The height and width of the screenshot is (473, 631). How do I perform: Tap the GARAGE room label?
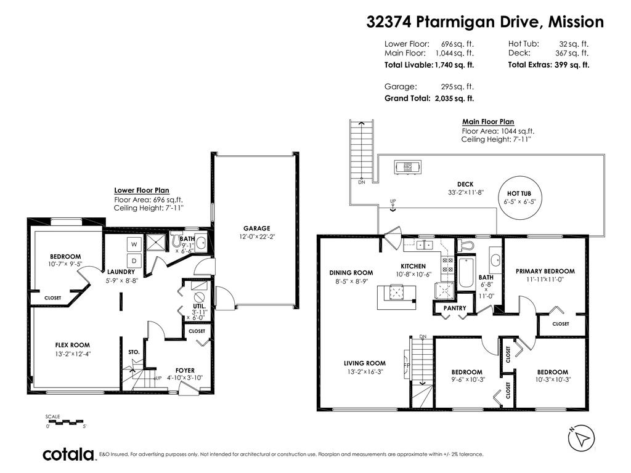click(256, 228)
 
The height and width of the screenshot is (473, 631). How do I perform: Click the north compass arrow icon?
click(580, 439)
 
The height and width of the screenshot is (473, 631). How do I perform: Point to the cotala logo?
click(68, 455)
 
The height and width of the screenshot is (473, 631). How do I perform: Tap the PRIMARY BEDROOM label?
click(545, 271)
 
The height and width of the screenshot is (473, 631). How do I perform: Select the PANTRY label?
click(455, 308)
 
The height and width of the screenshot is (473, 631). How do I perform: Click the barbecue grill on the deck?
click(407, 166)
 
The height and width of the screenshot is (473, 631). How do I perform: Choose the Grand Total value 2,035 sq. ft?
click(454, 99)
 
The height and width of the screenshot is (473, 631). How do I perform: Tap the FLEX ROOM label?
click(72, 346)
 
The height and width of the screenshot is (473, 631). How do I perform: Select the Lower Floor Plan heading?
click(141, 191)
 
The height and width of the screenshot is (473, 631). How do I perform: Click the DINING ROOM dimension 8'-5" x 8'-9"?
click(351, 281)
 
